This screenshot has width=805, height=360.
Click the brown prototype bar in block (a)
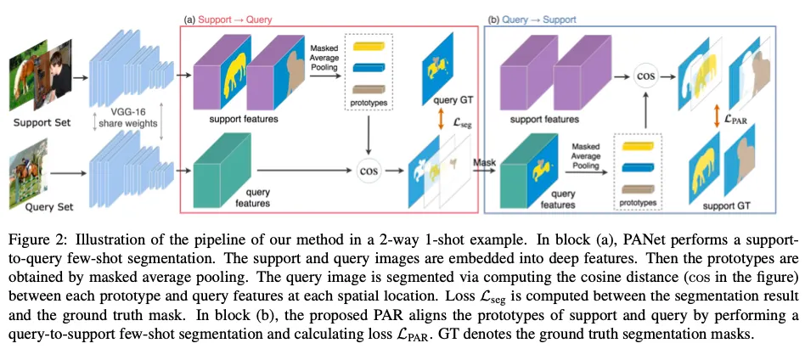[369, 89]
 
